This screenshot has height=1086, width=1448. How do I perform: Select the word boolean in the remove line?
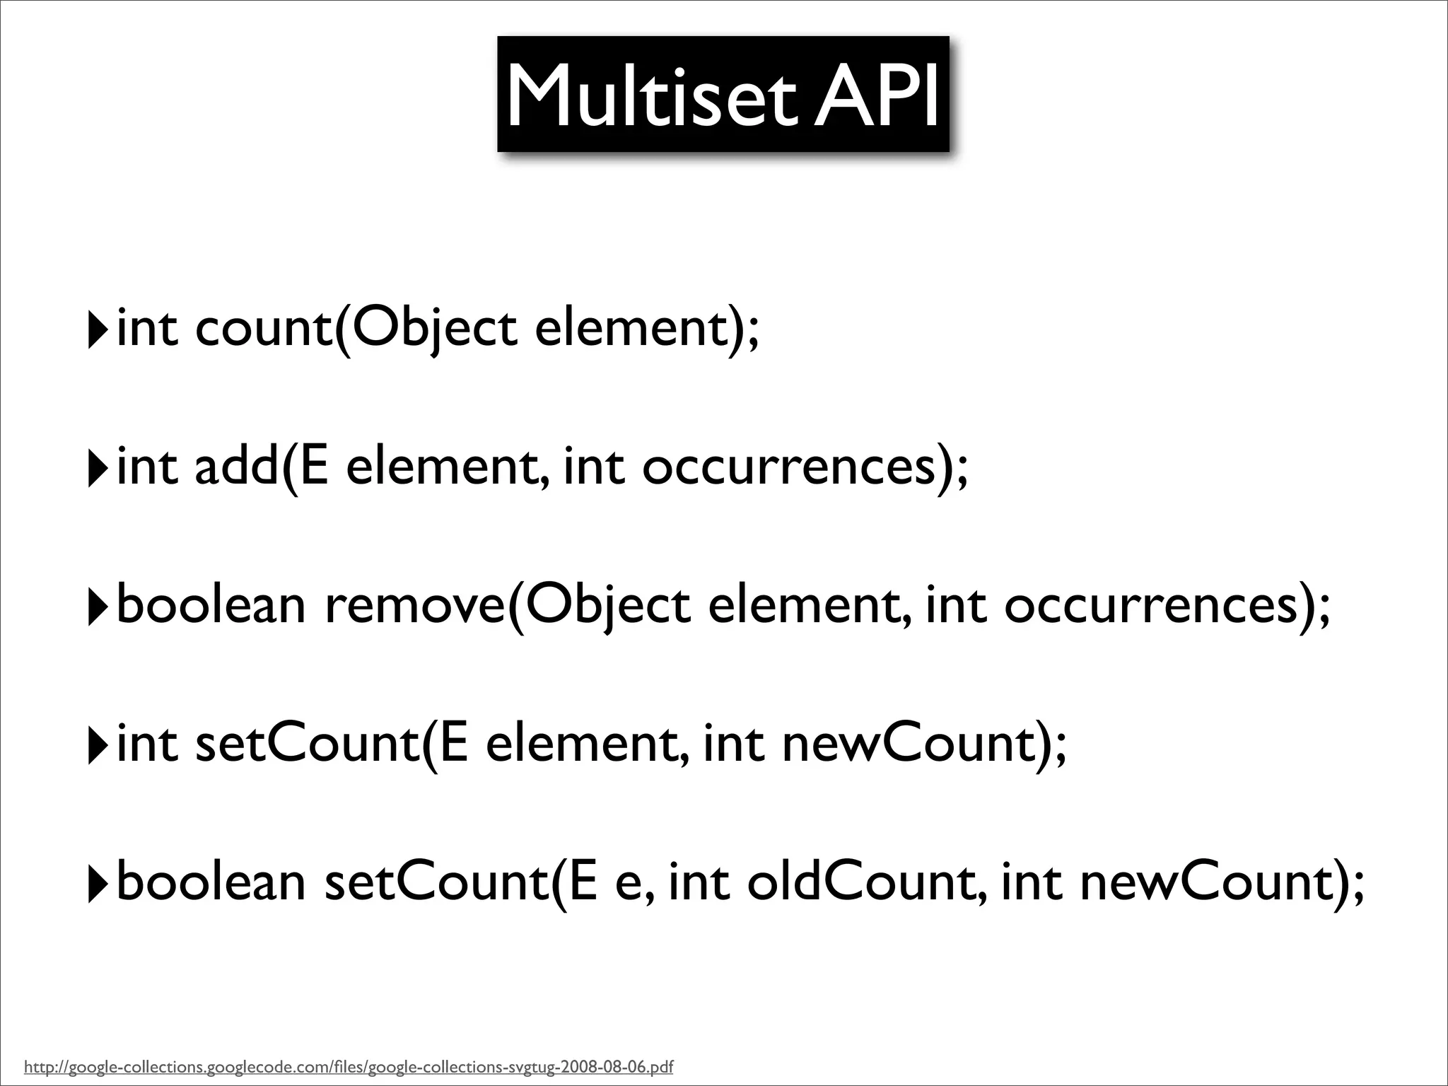pyautogui.click(x=211, y=606)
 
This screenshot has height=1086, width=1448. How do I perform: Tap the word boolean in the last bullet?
pyautogui.click(x=211, y=883)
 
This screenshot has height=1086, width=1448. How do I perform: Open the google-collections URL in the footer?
pyautogui.click(x=349, y=1066)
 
